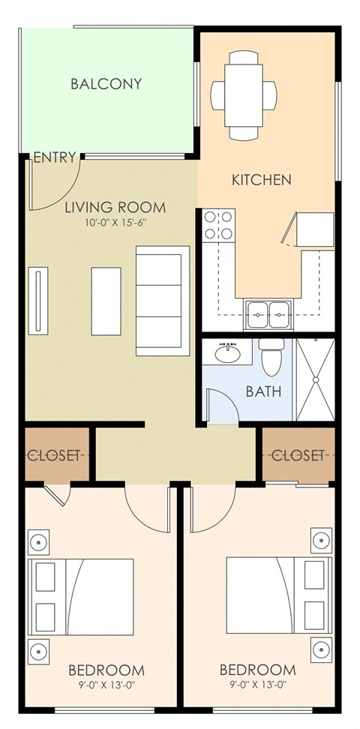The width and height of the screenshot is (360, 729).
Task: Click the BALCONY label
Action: point(106,84)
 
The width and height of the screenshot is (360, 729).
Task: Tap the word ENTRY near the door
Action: point(55,157)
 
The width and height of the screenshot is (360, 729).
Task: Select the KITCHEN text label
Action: point(261,180)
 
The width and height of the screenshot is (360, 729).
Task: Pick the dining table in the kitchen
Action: point(243,95)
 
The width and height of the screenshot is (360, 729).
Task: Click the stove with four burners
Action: point(217,226)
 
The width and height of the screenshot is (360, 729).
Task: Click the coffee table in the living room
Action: point(106,301)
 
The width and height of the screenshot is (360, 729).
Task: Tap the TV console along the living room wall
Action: point(37,301)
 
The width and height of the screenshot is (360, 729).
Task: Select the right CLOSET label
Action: point(298,455)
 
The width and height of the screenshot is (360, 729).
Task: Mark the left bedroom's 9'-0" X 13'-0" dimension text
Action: point(106,684)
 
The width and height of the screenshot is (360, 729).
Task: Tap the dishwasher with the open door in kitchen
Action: point(309,229)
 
